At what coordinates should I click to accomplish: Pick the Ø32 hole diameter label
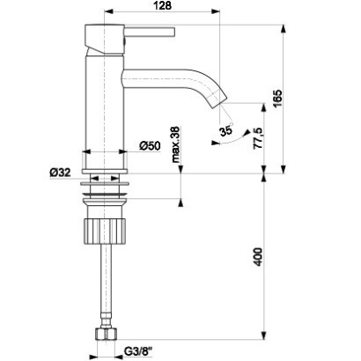[x=62, y=173]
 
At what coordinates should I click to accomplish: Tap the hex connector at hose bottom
[x=105, y=336]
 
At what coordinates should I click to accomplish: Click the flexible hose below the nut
[x=105, y=291]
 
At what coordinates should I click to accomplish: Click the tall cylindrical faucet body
[x=104, y=106]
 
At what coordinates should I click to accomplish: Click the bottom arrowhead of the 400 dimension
[x=264, y=335]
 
